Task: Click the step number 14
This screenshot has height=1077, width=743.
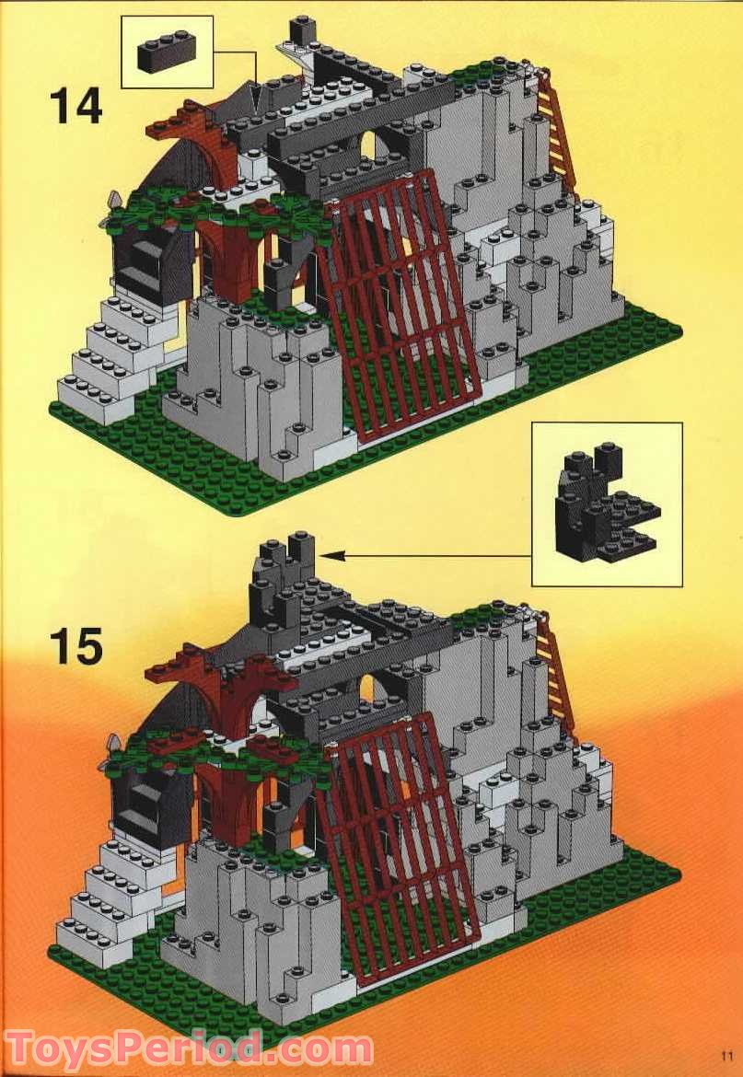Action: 75,106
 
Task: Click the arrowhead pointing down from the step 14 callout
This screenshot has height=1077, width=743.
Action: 258,98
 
